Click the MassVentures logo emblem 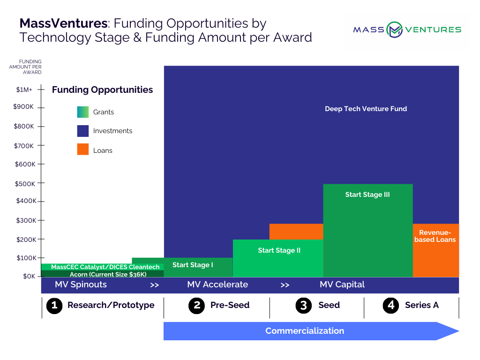(x=394, y=30)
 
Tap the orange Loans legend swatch (x=82, y=150)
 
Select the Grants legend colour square (x=82, y=112)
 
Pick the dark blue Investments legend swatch (x=82, y=131)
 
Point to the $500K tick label (x=25, y=184)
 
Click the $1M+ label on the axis (x=24, y=90)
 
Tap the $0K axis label (x=29, y=276)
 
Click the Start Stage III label (x=367, y=195)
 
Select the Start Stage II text (x=279, y=250)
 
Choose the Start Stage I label (x=193, y=265)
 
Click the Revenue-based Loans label (x=435, y=236)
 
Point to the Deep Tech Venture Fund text (x=366, y=109)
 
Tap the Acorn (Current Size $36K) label (x=108, y=274)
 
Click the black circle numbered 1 (x=54, y=306)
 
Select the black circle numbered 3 (x=303, y=306)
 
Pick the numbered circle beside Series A (x=391, y=306)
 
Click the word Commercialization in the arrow (x=305, y=331)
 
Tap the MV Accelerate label (x=217, y=285)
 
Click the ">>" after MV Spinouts (x=155, y=285)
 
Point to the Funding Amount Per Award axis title (x=25, y=67)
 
